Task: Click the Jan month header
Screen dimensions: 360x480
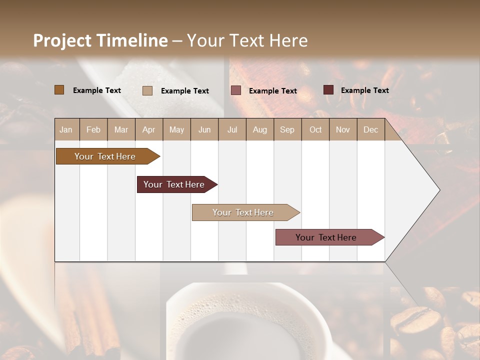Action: click(66, 130)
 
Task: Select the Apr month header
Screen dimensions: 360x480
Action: click(148, 130)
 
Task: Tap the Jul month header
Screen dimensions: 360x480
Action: click(232, 130)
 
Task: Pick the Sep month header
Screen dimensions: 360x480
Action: click(287, 130)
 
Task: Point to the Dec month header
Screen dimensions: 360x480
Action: click(370, 130)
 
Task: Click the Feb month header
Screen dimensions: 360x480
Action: click(93, 130)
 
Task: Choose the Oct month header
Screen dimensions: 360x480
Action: click(315, 130)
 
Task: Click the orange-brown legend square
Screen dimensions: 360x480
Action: click(59, 90)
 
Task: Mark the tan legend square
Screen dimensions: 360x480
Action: click(147, 90)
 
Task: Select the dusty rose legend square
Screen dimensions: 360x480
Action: click(235, 90)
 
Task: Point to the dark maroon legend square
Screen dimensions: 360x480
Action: click(328, 90)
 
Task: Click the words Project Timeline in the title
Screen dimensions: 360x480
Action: click(100, 40)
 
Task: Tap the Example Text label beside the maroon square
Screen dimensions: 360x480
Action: click(364, 90)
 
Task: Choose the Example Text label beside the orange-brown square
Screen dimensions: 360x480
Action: click(97, 90)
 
